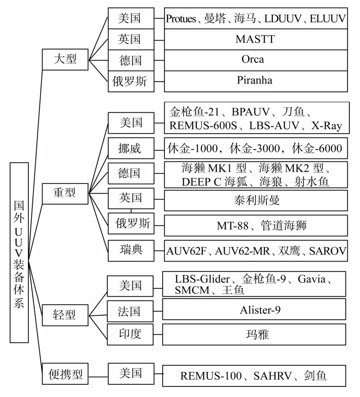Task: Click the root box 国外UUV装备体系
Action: (19, 252)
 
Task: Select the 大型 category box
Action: (65, 59)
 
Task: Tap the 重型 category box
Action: (65, 193)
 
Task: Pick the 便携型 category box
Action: (65, 373)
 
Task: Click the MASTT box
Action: (256, 39)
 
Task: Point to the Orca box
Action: (256, 60)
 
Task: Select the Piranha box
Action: (256, 81)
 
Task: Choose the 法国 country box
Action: (129, 311)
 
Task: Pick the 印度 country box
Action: (129, 334)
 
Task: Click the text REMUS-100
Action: (211, 376)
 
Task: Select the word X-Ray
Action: (327, 126)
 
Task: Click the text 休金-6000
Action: (317, 149)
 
